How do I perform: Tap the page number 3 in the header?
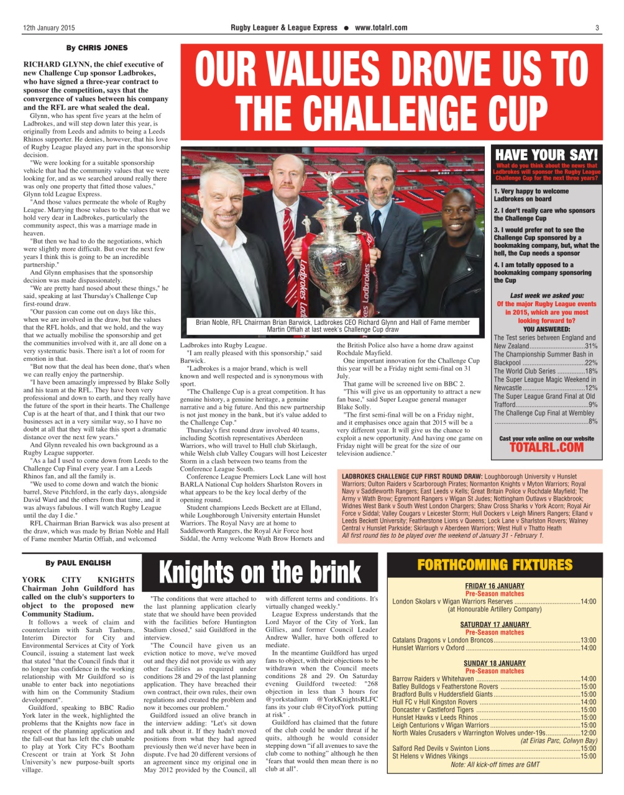click(x=597, y=27)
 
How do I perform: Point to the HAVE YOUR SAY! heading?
click(x=546, y=154)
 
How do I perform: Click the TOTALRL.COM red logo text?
click(x=546, y=447)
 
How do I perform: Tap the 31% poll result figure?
click(x=591, y=346)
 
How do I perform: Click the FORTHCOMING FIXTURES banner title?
click(x=495, y=565)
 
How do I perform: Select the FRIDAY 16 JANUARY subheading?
click(x=495, y=586)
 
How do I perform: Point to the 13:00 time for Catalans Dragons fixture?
click(x=588, y=640)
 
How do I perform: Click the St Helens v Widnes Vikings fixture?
click(x=430, y=756)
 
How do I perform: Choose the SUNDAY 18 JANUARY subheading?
click(x=495, y=663)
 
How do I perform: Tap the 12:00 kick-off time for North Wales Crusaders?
click(x=588, y=733)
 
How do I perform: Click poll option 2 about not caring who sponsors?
click(x=544, y=214)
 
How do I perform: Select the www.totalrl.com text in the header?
click(x=381, y=27)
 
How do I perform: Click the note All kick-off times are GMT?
click(x=495, y=765)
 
